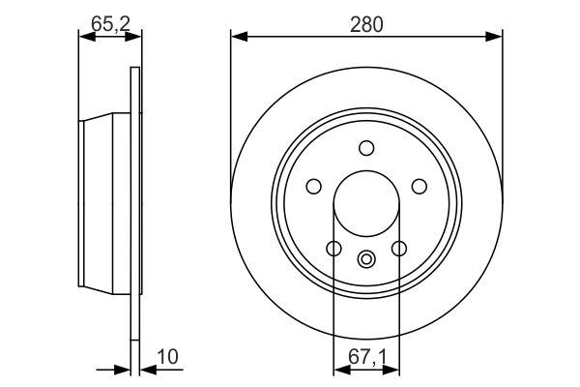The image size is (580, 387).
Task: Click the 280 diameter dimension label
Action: tap(366, 25)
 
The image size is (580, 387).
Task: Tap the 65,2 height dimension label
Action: tap(110, 25)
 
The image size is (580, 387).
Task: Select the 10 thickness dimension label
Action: tap(167, 357)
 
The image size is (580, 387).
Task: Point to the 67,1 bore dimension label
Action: tap(367, 358)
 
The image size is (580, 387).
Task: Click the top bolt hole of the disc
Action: tap(366, 148)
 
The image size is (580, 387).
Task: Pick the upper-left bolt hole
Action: tap(313, 187)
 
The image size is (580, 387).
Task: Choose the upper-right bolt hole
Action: tap(420, 187)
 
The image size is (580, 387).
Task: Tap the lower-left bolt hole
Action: tap(334, 249)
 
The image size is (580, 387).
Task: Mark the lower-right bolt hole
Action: tap(399, 249)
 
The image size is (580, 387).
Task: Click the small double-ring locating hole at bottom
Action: tap(366, 259)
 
